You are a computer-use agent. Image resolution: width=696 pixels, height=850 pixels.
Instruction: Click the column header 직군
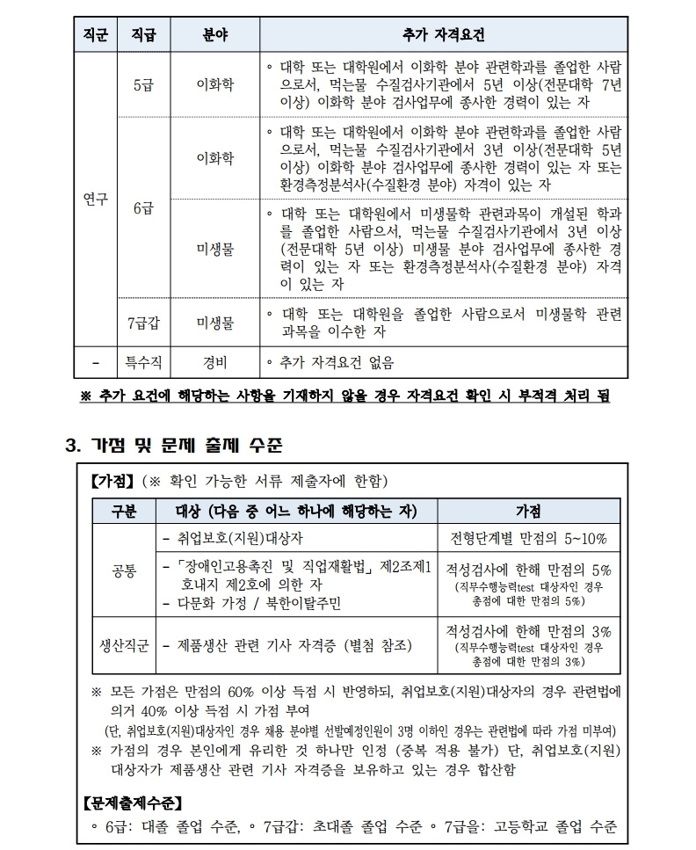click(x=95, y=36)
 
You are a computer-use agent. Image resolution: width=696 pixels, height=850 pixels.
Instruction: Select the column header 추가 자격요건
click(x=441, y=36)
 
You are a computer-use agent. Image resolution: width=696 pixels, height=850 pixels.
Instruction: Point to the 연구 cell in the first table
click(x=95, y=199)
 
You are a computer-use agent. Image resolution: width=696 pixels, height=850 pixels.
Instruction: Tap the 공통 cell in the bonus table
click(x=124, y=571)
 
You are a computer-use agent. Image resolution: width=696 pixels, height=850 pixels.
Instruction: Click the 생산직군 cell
click(x=124, y=645)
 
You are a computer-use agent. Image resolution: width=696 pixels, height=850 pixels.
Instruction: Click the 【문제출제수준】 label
click(x=134, y=803)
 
